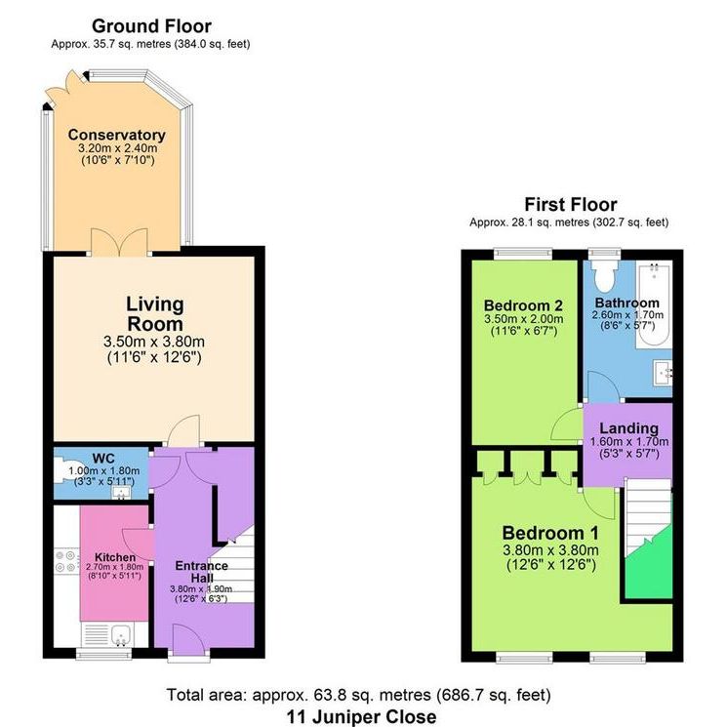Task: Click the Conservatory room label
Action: coord(116,135)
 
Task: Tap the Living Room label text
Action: coord(155,313)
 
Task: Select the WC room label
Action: coord(103,457)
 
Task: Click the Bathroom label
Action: coord(627,303)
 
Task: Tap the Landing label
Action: coord(628,427)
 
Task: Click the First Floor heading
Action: coord(570,205)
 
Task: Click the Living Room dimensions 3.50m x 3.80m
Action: coord(155,342)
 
